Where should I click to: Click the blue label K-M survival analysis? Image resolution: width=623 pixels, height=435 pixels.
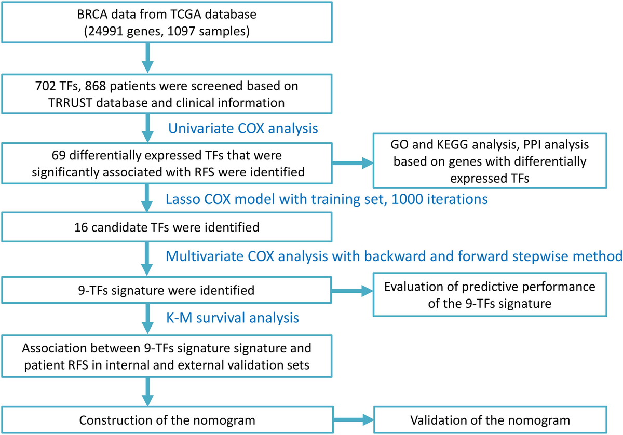click(232, 317)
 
